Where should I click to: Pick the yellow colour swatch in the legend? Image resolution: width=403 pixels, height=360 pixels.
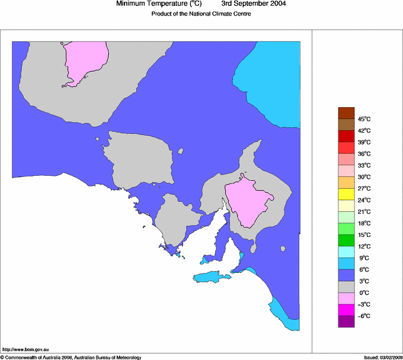(346, 194)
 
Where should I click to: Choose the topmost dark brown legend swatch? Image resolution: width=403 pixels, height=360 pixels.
(346, 113)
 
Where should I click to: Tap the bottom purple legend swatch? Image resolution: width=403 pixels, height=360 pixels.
(346, 322)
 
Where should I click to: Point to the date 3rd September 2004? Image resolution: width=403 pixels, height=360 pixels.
(254, 4)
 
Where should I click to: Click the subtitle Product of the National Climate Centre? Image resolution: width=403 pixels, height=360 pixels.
(201, 14)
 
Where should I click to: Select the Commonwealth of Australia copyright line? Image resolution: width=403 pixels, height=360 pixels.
(71, 357)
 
